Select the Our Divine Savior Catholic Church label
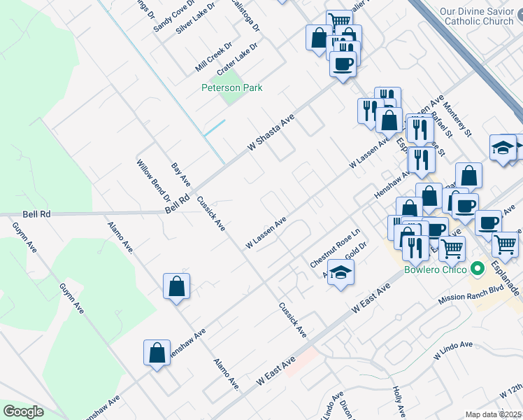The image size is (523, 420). tap(478, 16)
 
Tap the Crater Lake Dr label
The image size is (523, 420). tap(237, 58)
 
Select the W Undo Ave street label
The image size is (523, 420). tap(453, 351)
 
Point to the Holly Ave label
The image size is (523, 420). tap(399, 400)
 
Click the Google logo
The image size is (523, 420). tap(23, 412)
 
